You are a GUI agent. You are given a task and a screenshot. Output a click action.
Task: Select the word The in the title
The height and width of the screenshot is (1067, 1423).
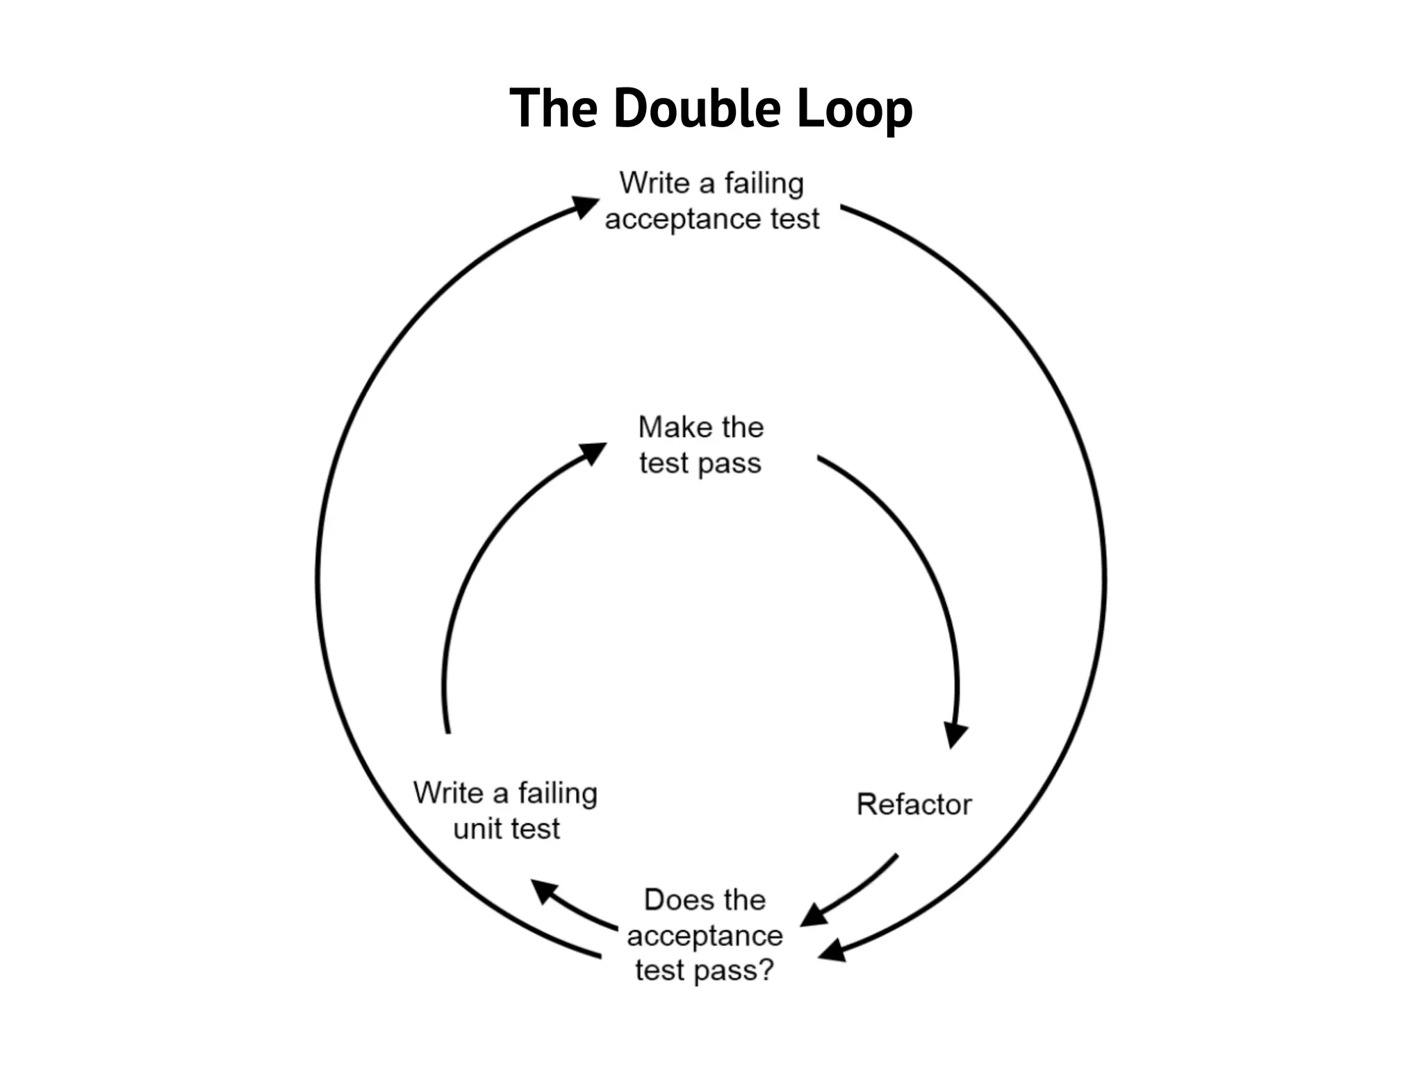pyautogui.click(x=553, y=109)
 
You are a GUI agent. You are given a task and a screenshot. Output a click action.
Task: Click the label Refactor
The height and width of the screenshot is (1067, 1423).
pyautogui.click(x=914, y=804)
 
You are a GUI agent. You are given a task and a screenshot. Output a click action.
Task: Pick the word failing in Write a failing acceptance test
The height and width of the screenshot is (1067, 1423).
pyautogui.click(x=764, y=183)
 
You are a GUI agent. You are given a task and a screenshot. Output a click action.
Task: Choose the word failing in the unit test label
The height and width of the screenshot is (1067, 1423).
pyautogui.click(x=557, y=793)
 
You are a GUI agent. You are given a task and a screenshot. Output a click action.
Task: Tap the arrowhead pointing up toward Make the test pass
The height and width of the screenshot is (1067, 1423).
pyautogui.click(x=592, y=454)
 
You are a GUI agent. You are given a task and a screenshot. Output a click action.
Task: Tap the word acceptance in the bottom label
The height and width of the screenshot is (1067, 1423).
pyautogui.click(x=705, y=935)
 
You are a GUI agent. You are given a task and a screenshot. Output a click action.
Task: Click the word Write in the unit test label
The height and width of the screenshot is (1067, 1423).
pyautogui.click(x=447, y=793)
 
